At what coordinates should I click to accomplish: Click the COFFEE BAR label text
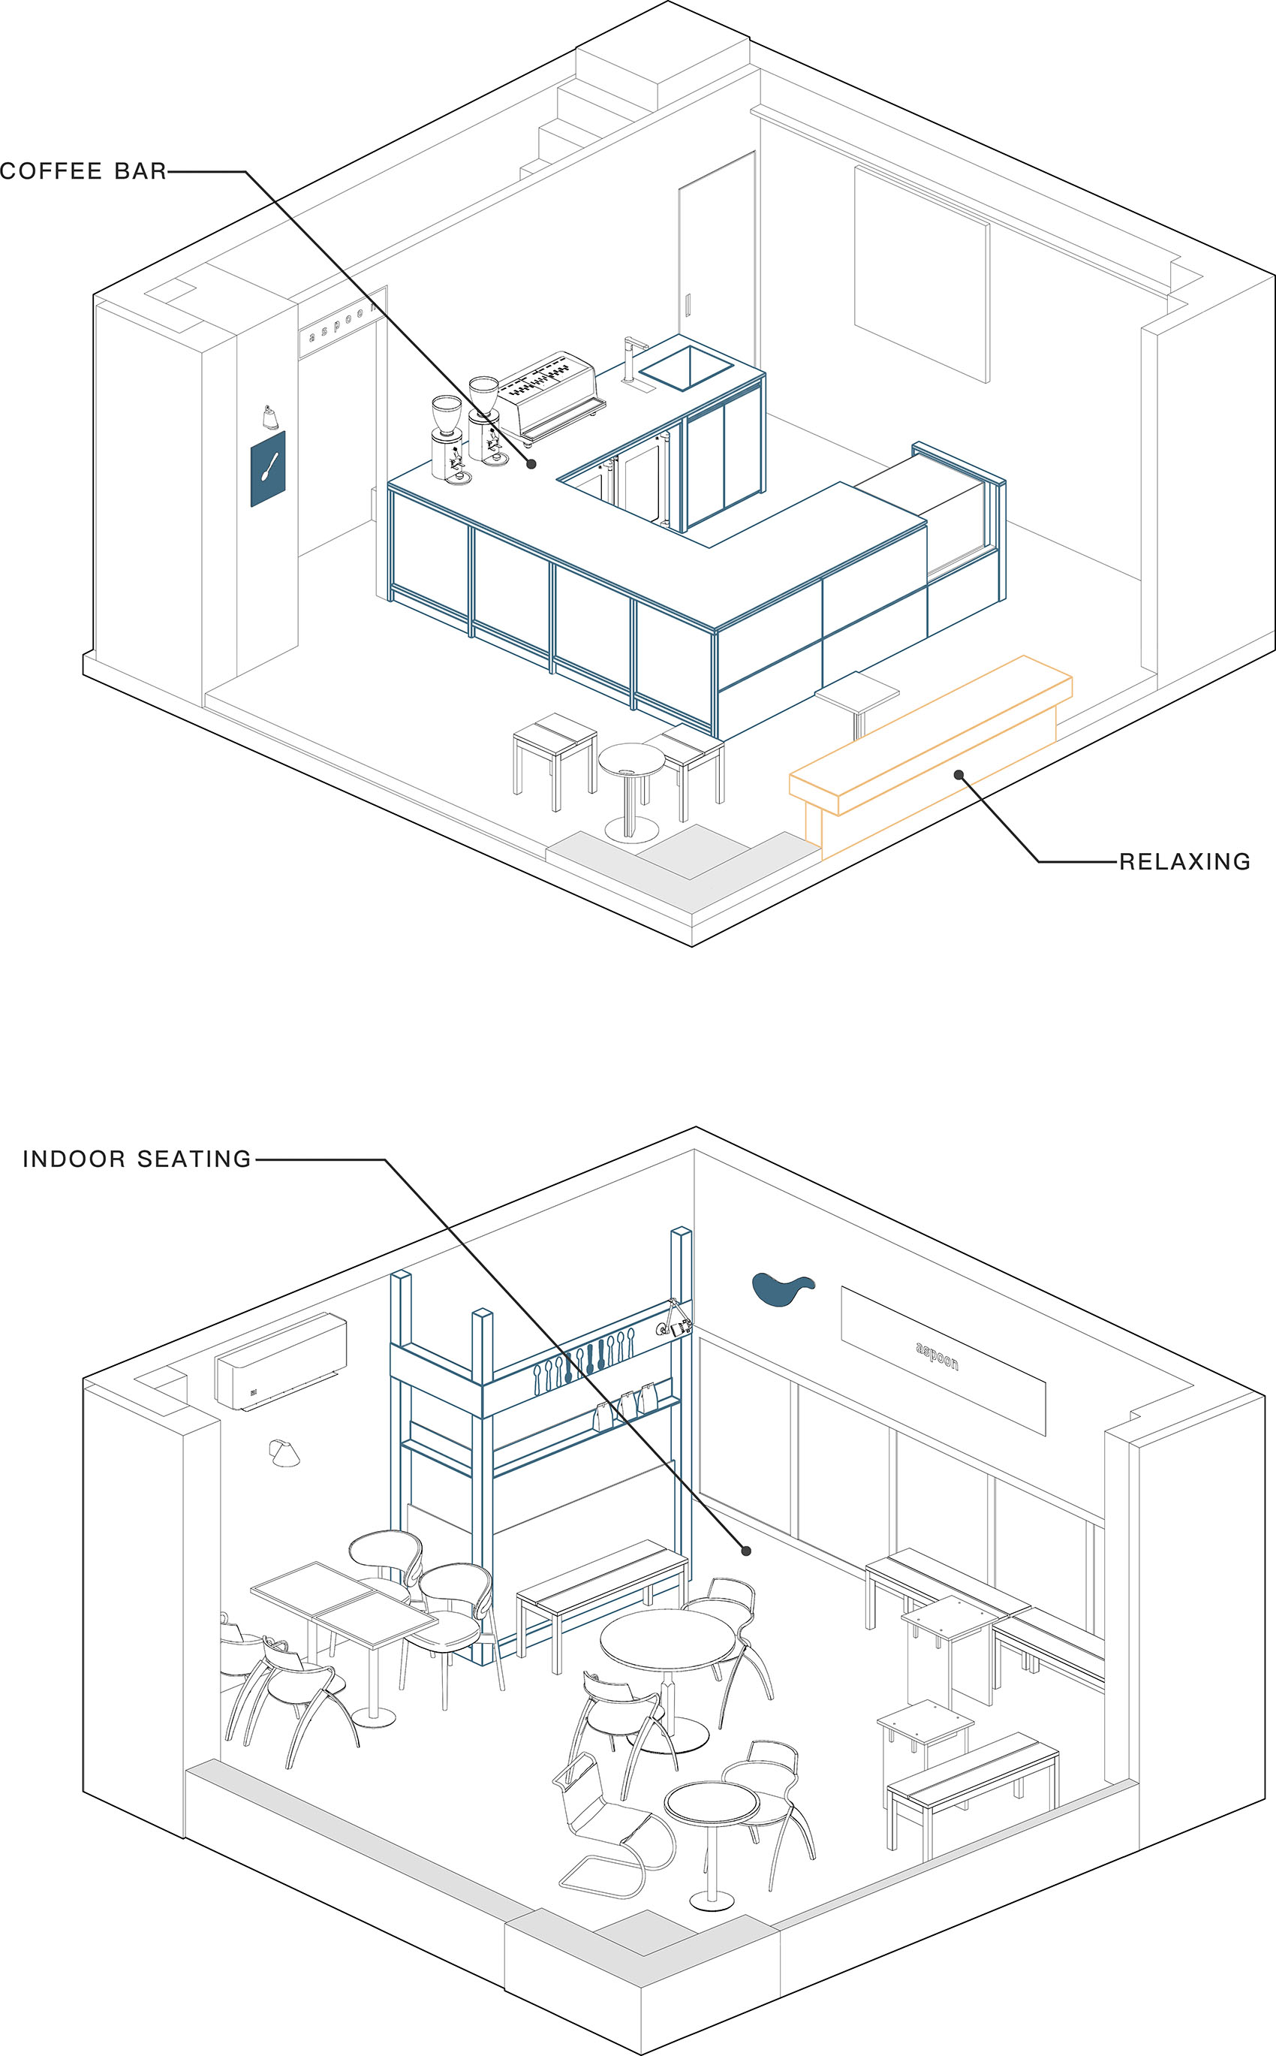point(83,171)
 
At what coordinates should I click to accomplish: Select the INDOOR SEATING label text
point(137,1159)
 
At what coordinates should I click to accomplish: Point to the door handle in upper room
point(688,305)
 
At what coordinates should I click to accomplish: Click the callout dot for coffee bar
point(531,463)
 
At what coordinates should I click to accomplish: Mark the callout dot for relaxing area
point(959,774)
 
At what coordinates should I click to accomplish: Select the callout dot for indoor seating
point(746,1551)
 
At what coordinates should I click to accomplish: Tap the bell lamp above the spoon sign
point(269,417)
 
